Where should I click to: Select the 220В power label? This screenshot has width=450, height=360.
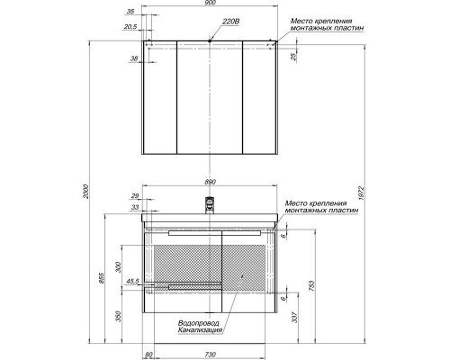pos(229,30)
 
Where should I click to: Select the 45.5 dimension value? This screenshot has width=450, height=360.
pos(132,282)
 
